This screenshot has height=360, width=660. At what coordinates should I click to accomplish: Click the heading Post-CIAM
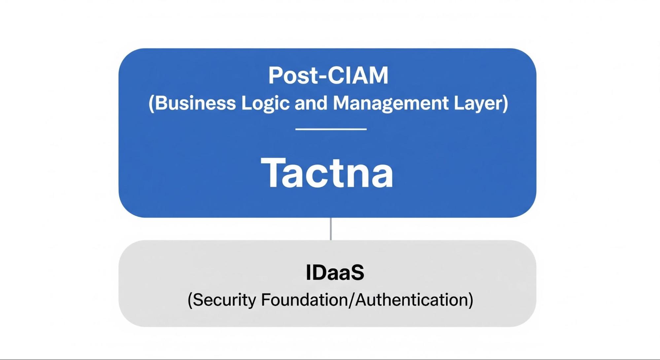pyautogui.click(x=328, y=76)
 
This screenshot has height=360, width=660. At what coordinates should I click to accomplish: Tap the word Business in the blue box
pyautogui.click(x=195, y=103)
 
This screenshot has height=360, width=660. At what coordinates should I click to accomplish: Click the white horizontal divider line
pyautogui.click(x=331, y=129)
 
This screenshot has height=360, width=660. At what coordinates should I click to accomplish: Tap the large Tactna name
pyautogui.click(x=327, y=173)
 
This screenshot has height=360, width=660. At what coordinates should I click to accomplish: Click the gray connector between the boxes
pyautogui.click(x=330, y=229)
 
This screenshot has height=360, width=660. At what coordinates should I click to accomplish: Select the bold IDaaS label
pyautogui.click(x=335, y=273)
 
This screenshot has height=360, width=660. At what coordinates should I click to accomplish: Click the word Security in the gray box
pyautogui.click(x=224, y=300)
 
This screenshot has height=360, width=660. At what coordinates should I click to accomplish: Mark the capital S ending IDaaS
pyautogui.click(x=357, y=273)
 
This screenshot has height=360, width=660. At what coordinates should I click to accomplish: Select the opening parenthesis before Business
pyautogui.click(x=151, y=104)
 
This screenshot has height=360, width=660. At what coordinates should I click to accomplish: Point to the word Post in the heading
pyautogui.click(x=293, y=76)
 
